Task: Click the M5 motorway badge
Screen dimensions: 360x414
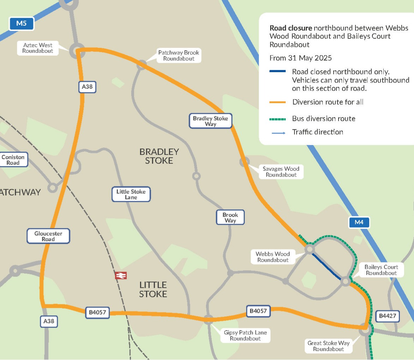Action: point(22,24)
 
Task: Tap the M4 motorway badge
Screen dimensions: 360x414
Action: point(359,222)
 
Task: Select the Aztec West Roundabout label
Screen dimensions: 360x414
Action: point(37,48)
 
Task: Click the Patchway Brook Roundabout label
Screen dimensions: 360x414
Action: point(179,56)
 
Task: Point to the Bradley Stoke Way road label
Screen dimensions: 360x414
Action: point(211,121)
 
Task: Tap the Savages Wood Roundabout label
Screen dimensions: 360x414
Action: point(281,172)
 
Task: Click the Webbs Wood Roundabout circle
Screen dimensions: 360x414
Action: point(310,249)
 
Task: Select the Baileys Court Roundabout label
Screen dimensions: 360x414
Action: point(381,270)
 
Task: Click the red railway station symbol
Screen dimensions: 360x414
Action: point(121,275)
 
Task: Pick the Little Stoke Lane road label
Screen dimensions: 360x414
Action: point(131,194)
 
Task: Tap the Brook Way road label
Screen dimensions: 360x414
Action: point(230,217)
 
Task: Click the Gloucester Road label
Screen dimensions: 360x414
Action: point(48,236)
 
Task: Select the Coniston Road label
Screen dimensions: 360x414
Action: point(13,160)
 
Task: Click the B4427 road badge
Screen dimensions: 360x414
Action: point(388,316)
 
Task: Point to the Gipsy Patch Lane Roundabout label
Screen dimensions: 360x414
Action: point(245,335)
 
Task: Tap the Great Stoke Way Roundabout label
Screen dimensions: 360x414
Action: point(328,346)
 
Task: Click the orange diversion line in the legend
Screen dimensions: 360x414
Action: point(278,102)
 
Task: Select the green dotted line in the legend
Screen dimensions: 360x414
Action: point(278,119)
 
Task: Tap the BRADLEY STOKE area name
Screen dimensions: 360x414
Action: point(159,156)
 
